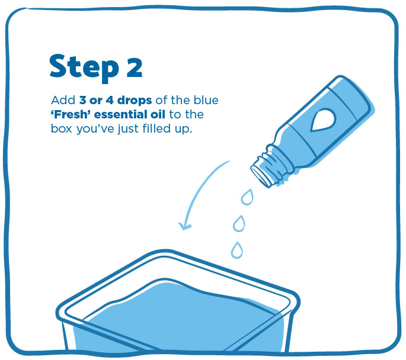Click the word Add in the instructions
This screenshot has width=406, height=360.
(63, 100)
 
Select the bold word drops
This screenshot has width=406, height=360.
(135, 100)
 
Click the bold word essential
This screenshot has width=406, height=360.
(122, 114)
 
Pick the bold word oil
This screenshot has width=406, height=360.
(158, 114)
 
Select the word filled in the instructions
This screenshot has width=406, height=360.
(156, 128)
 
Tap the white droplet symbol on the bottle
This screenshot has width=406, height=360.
(322, 120)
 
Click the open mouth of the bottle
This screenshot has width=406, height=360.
(260, 176)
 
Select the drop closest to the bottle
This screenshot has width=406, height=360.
(247, 197)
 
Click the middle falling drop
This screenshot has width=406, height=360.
(239, 223)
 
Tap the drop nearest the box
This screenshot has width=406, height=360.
(236, 250)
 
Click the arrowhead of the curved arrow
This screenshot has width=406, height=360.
(184, 226)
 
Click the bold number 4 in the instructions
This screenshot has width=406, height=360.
(110, 100)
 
